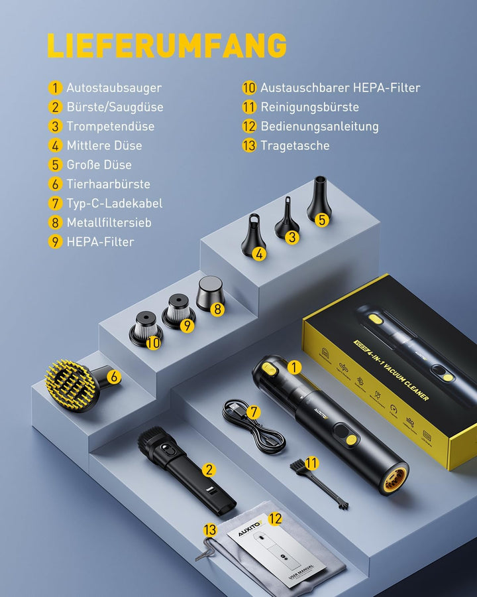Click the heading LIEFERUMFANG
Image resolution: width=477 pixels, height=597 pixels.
click(x=166, y=46)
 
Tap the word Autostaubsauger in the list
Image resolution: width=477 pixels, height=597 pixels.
click(x=113, y=88)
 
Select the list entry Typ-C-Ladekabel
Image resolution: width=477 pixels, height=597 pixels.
click(x=114, y=204)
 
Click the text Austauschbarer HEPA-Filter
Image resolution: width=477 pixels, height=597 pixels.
click(x=340, y=88)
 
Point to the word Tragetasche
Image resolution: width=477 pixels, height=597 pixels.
click(x=295, y=145)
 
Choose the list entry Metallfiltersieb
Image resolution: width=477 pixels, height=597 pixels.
click(x=109, y=223)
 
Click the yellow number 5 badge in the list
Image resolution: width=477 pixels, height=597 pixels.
click(x=56, y=165)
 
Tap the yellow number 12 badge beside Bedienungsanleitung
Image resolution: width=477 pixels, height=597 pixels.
click(x=249, y=126)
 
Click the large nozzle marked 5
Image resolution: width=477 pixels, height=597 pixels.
click(x=319, y=202)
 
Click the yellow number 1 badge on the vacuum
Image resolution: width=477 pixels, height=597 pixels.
click(x=295, y=367)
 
